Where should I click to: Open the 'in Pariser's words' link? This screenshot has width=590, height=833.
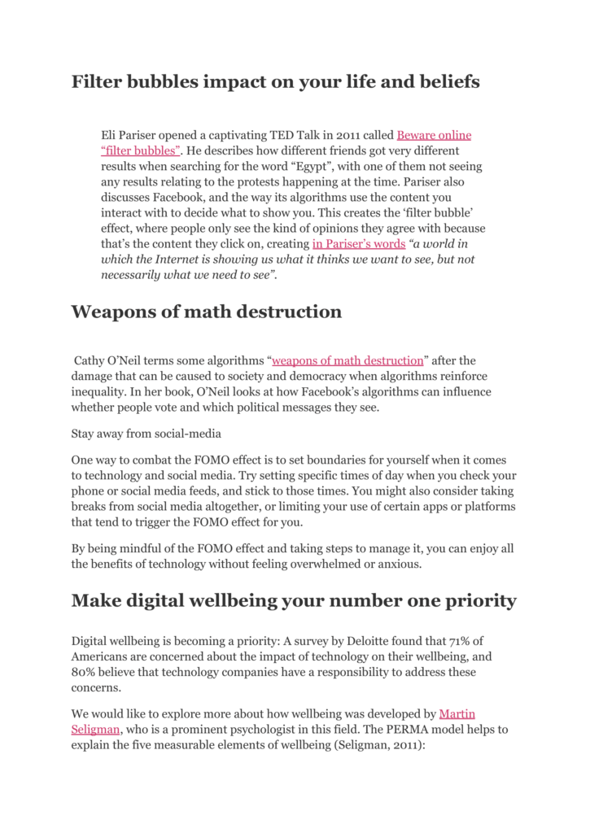point(358,244)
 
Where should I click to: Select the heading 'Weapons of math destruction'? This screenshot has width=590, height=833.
point(207,312)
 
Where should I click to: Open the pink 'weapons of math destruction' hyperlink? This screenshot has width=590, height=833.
point(347,360)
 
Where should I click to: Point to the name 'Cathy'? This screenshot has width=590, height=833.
point(90,360)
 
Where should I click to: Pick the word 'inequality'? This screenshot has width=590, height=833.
point(98,391)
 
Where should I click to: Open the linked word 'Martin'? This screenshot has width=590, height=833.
point(457,714)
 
